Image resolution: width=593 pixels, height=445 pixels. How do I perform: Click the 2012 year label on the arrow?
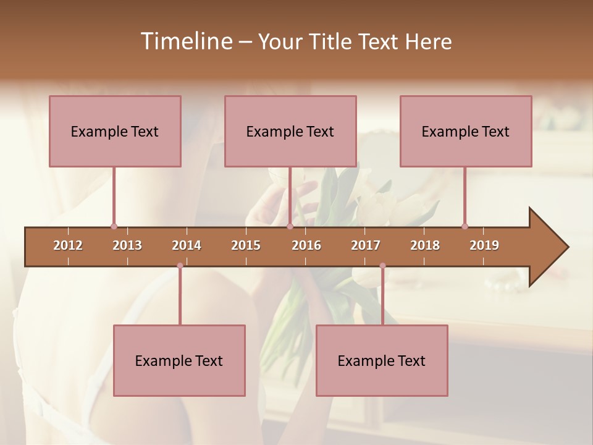68,245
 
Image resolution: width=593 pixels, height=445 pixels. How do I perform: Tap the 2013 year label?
127,245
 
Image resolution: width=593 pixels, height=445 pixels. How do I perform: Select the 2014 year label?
187,245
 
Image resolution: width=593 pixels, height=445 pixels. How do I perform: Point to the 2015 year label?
246,245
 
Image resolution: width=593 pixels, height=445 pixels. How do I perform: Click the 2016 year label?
306,245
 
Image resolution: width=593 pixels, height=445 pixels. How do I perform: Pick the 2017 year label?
366,245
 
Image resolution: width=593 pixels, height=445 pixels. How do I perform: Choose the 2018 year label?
425,245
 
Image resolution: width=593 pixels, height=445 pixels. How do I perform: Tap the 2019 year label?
484,245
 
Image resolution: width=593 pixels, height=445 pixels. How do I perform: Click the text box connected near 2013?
115,131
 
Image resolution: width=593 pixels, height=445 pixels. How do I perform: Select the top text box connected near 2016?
290,131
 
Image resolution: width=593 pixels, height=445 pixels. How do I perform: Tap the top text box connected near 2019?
466,131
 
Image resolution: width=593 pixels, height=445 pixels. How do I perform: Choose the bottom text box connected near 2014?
179,360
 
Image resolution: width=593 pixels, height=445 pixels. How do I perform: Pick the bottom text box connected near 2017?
382,360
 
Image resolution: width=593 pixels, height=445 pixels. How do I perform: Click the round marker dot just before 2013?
114,226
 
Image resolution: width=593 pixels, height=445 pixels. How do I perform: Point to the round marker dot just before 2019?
465,226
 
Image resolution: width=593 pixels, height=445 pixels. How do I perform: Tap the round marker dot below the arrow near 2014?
180,266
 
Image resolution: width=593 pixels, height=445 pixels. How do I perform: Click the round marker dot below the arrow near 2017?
382,266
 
